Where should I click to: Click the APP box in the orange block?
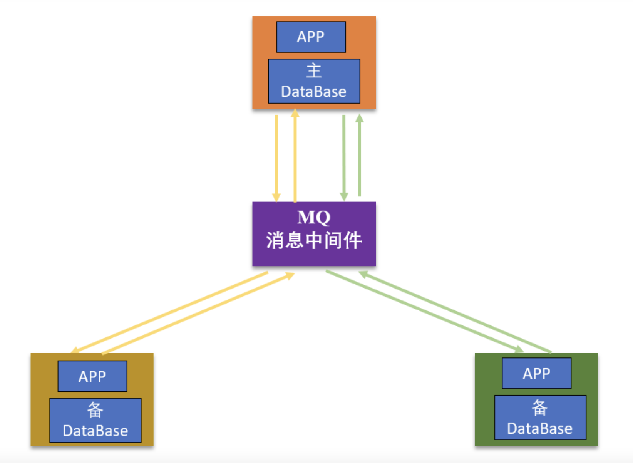311,37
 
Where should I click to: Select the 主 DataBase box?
314,81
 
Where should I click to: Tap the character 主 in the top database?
314,71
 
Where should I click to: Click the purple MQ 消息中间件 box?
314,234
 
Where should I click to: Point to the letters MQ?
314,217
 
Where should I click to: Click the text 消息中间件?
314,240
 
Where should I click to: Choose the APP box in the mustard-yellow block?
92,376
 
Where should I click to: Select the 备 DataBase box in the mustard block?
95,420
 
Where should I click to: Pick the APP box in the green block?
536,373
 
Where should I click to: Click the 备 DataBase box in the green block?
540,418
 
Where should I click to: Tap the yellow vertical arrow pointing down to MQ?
276,158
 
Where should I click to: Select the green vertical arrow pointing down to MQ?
344,158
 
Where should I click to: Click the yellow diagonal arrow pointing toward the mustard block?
169,312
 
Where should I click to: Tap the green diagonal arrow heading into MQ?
454,312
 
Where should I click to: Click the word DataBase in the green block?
540,429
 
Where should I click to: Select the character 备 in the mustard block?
95,410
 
